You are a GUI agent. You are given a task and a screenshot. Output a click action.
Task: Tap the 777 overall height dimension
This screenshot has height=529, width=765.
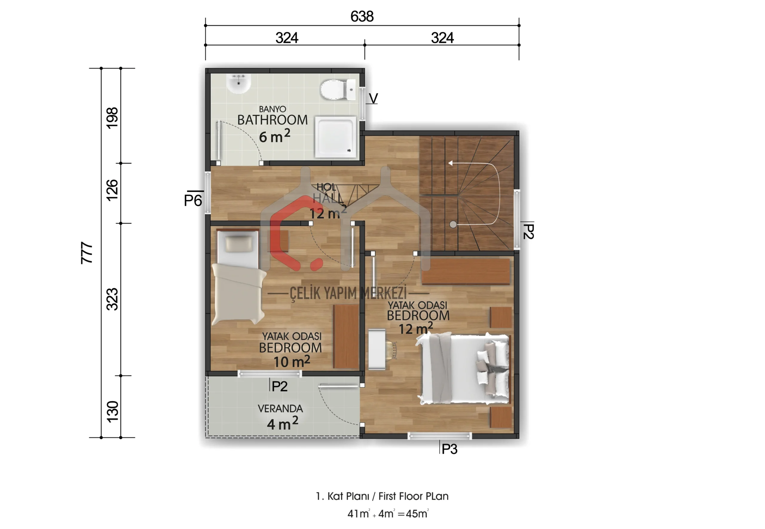click(x=87, y=253)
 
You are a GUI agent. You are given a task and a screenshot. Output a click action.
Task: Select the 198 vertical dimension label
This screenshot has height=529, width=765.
click(x=112, y=118)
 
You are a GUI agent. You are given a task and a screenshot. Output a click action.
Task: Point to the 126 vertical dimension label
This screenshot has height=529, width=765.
click(x=112, y=190)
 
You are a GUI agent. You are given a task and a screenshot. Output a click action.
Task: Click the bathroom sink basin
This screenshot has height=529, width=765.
click(x=238, y=84)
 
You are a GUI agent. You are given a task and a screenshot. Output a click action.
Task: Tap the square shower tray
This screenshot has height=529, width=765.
click(x=336, y=136)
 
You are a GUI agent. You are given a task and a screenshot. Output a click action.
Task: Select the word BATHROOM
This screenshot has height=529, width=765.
click(x=272, y=120)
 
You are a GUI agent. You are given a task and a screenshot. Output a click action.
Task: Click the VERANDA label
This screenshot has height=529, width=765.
click(x=280, y=409)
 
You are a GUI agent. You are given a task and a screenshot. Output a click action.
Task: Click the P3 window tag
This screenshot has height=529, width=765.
click(x=449, y=449)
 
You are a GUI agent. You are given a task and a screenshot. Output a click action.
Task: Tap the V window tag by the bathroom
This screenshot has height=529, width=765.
click(x=373, y=99)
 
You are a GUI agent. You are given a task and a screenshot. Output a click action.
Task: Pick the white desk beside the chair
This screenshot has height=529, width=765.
click(x=377, y=349)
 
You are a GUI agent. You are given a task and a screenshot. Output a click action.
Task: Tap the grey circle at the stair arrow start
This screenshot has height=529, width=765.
click(x=453, y=224)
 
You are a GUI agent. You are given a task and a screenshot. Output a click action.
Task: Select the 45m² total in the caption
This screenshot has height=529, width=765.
click(x=417, y=513)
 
